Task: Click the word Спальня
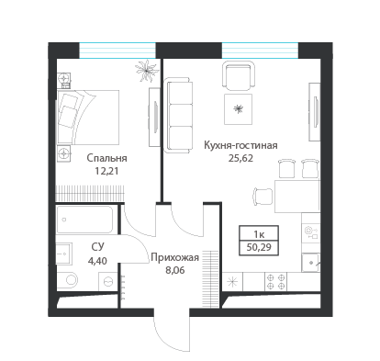pyautogui.click(x=106, y=157)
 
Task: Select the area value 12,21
pyautogui.click(x=106, y=170)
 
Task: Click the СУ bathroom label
pyautogui.click(x=95, y=246)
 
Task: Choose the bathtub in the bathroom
pyautogui.click(x=84, y=220)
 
